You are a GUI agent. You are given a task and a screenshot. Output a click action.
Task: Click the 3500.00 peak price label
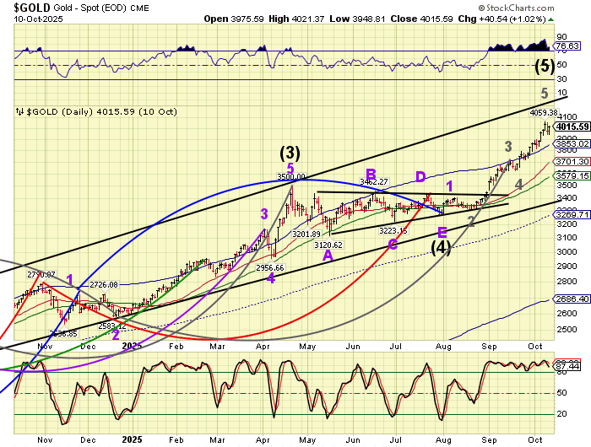click(x=290, y=177)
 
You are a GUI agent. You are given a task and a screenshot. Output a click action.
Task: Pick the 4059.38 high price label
click(x=544, y=112)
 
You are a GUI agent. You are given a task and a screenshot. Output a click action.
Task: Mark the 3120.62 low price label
click(x=328, y=245)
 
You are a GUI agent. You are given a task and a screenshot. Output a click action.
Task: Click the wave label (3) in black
click(x=290, y=153)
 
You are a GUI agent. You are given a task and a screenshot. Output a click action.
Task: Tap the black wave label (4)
click(x=441, y=247)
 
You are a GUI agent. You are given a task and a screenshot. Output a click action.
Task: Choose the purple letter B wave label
click(x=371, y=174)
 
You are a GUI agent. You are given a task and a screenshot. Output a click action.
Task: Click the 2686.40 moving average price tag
click(x=572, y=299)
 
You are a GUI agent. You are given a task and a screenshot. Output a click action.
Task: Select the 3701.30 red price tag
click(x=572, y=161)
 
